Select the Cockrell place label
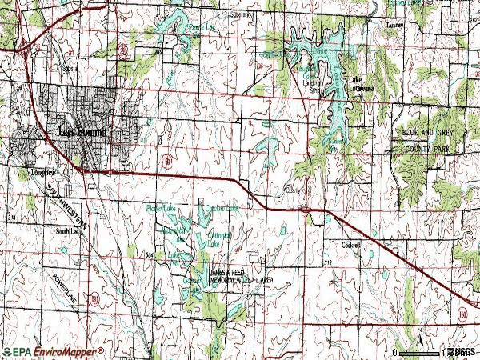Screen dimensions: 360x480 352,244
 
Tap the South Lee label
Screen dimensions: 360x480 67,231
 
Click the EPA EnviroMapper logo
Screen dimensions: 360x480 53,351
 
